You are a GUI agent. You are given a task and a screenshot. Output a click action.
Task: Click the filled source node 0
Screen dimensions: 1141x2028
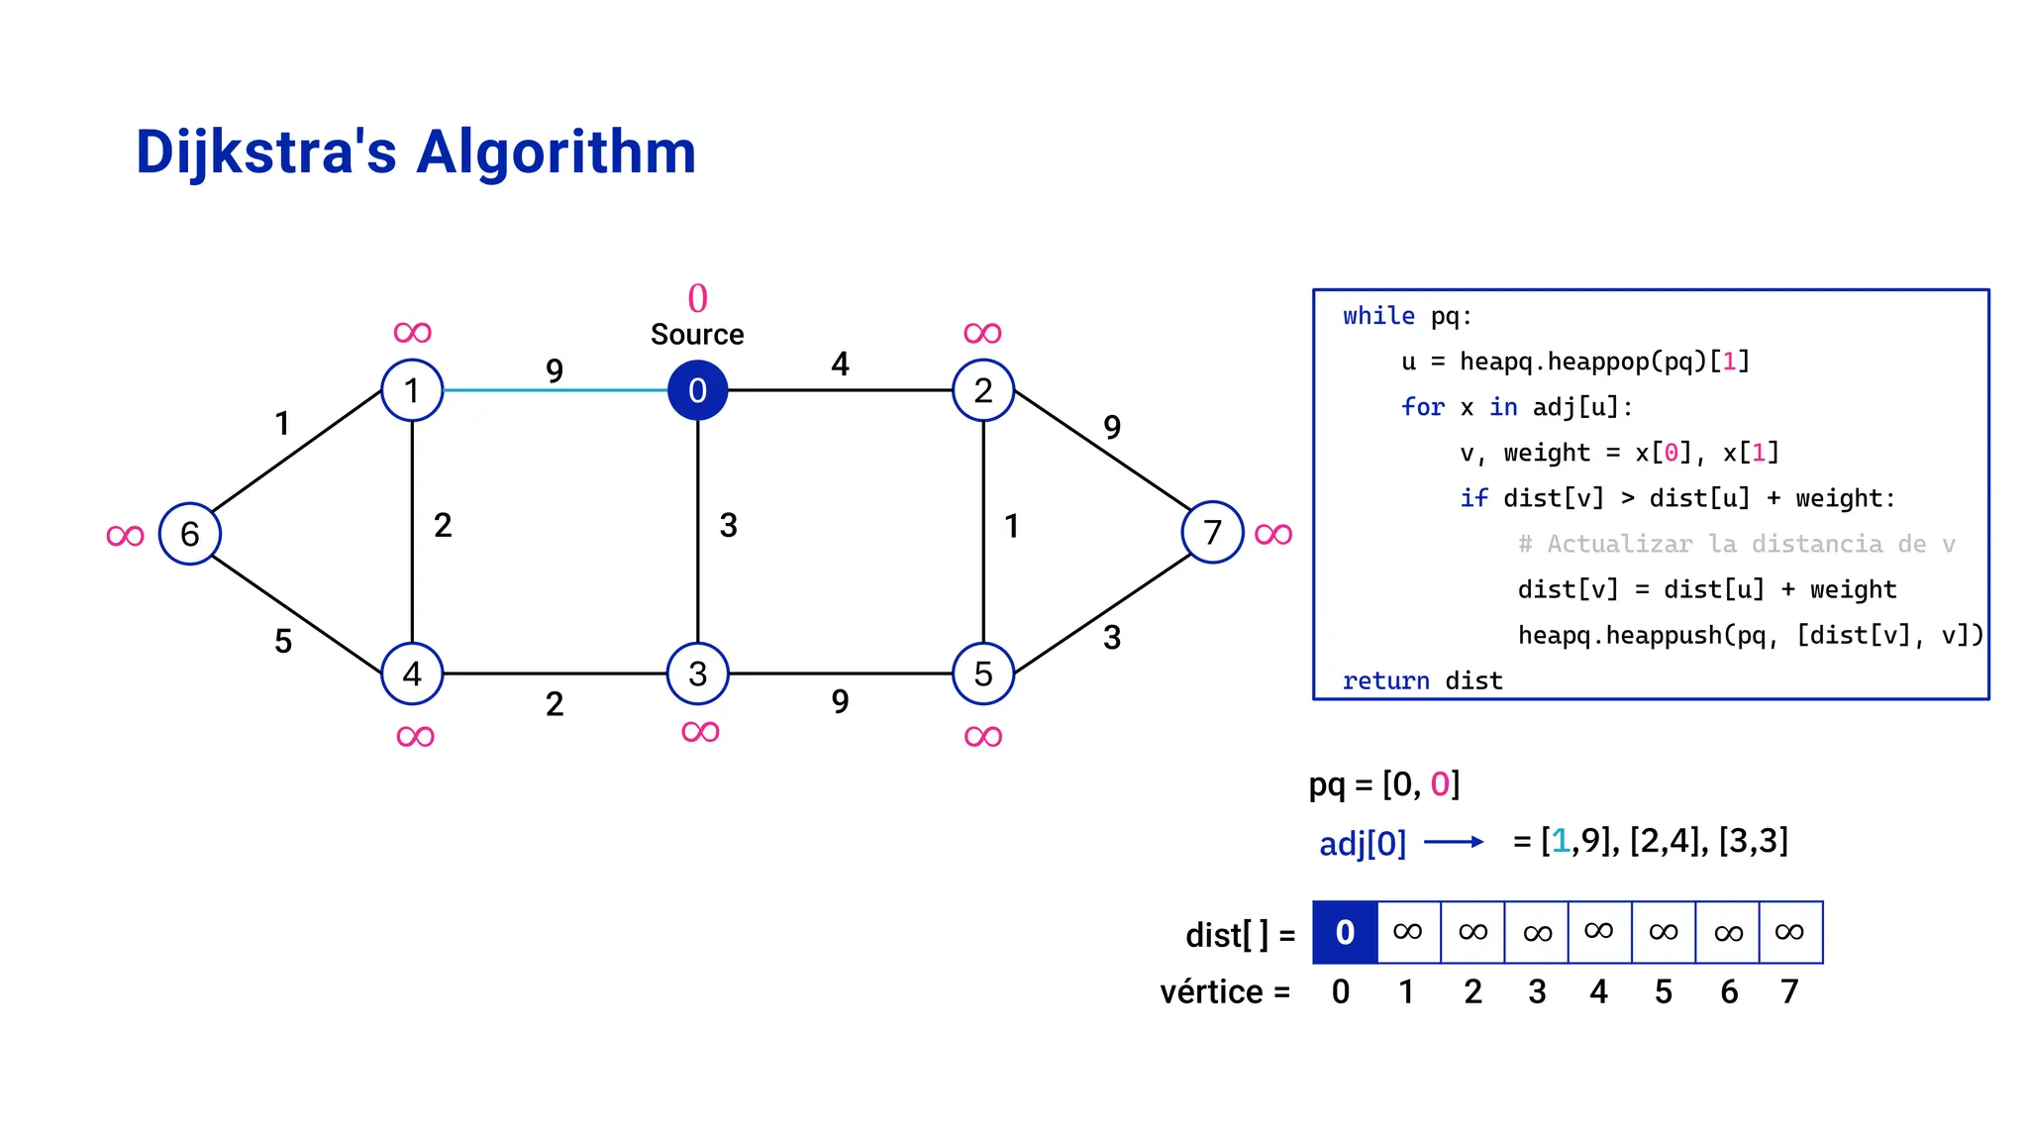click(697, 390)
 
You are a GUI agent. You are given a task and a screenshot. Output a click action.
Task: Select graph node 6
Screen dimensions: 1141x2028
click(189, 534)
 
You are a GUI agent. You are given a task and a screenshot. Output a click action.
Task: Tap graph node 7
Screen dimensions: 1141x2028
click(1212, 533)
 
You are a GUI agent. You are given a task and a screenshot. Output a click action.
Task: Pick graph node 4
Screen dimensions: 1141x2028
click(412, 674)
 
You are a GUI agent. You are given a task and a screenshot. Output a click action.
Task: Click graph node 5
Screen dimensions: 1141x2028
click(982, 674)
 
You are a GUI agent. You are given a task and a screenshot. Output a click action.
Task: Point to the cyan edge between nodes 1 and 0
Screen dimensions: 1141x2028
click(555, 390)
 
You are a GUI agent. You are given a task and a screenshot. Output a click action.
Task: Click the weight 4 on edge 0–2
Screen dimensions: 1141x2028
click(840, 364)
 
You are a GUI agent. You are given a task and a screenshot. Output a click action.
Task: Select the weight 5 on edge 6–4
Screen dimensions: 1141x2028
click(283, 642)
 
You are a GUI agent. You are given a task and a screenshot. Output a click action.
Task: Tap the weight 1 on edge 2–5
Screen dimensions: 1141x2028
click(1011, 526)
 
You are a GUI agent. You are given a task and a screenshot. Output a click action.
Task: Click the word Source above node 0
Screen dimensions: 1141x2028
click(697, 335)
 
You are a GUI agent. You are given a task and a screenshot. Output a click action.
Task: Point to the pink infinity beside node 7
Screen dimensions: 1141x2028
click(1273, 535)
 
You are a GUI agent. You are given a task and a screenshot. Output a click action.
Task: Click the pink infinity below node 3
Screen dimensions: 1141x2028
click(700, 733)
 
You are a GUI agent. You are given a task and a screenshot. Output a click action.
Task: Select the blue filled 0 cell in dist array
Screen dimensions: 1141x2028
click(1345, 932)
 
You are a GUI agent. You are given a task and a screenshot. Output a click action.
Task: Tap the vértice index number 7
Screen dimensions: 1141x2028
click(1789, 991)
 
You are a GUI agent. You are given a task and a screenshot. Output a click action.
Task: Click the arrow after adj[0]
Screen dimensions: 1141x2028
click(1454, 842)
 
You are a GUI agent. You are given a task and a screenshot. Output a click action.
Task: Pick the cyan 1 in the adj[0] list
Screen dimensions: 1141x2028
click(1561, 841)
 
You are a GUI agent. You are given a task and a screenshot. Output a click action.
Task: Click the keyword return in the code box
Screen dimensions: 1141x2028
click(1385, 680)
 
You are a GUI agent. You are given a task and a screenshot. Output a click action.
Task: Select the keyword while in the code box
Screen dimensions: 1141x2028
click(1378, 316)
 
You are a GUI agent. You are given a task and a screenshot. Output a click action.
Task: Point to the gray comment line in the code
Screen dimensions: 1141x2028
click(1736, 544)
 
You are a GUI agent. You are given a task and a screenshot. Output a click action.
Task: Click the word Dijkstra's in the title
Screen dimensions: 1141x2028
click(265, 153)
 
